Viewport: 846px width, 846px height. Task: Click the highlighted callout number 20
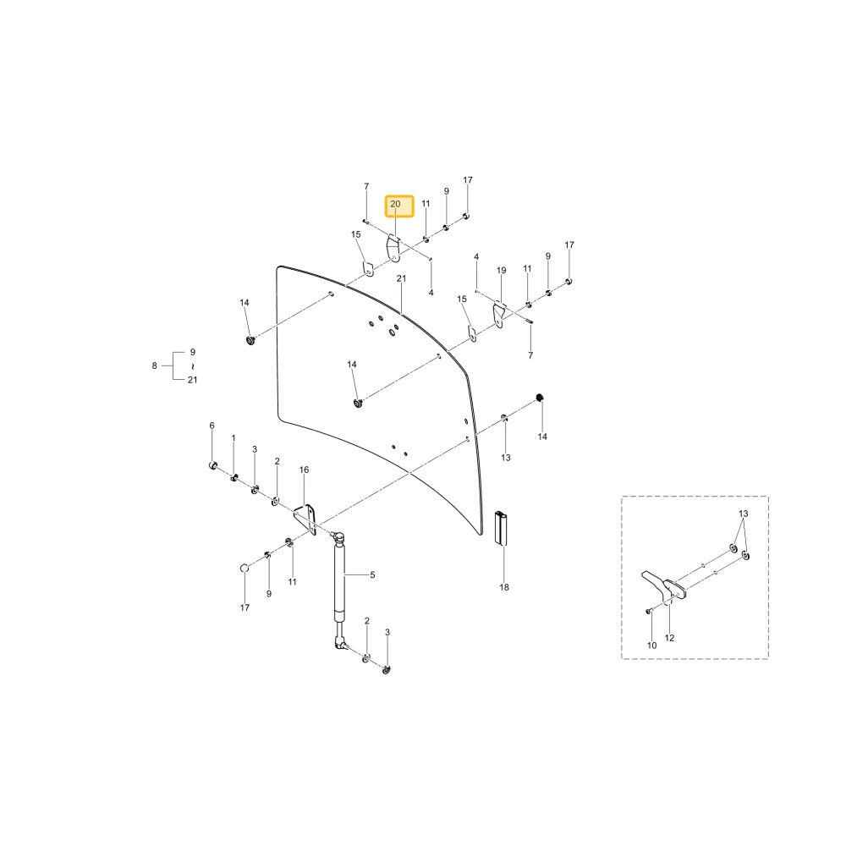395,204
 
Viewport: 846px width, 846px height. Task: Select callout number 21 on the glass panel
401,278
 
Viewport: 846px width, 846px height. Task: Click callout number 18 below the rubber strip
504,587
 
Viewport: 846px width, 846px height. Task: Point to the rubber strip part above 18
501,528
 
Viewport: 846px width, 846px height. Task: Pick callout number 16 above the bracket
305,470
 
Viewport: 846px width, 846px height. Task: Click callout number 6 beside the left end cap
212,426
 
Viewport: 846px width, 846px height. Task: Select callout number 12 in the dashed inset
669,638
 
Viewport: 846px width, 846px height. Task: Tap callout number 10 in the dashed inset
651,645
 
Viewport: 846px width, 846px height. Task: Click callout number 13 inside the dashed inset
744,514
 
